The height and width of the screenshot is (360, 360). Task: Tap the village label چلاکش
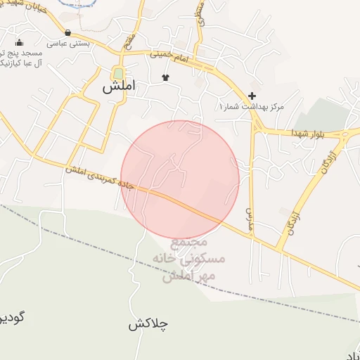(149, 325)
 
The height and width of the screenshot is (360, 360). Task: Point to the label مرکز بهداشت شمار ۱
(250, 106)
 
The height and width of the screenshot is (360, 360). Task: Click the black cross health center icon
(252, 96)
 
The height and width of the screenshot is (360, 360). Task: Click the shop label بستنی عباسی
(65, 43)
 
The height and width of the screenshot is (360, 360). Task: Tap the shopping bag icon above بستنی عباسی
(67, 32)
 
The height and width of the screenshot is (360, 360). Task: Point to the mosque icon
(19, 43)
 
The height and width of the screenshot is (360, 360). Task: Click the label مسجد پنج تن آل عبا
(21, 58)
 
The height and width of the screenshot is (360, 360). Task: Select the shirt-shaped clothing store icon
(166, 77)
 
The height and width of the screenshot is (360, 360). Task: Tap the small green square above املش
(118, 73)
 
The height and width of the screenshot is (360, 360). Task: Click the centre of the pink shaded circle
(180, 180)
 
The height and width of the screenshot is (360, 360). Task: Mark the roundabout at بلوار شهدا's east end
(347, 134)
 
